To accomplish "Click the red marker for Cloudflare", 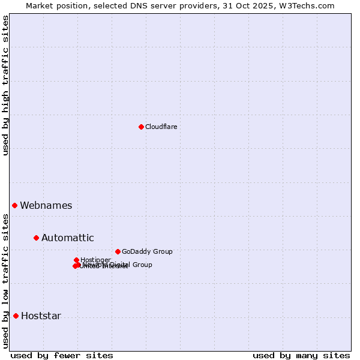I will coord(141,127).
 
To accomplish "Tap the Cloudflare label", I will coord(161,127).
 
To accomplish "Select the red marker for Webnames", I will coord(15,205).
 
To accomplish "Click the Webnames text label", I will coord(46,205).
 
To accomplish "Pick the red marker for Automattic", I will coord(36,238).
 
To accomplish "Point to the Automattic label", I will coord(67,238).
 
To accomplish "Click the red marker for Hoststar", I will coord(16,316).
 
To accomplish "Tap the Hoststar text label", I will coord(41,316).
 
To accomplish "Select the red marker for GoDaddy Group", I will coord(118,251).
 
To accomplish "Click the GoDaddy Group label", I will coord(147,251).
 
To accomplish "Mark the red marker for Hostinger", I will coord(76,260).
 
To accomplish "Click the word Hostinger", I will coord(95,260).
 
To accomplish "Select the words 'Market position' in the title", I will coord(55,5).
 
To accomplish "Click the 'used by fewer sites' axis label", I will coord(62,355).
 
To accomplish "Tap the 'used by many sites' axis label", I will coord(301,355).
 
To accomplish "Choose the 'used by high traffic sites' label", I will coord(5,85).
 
